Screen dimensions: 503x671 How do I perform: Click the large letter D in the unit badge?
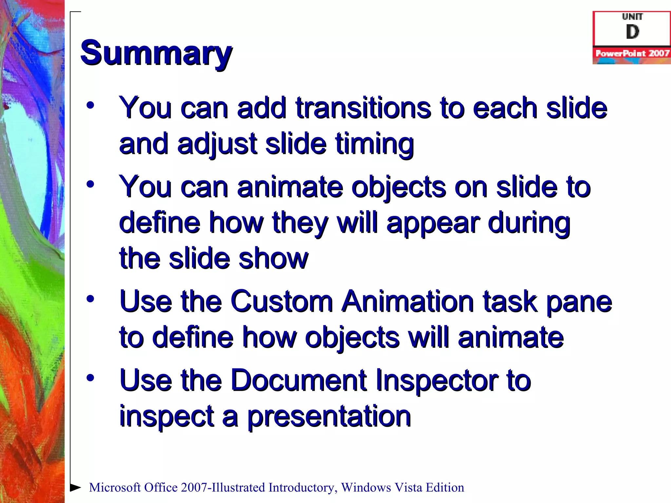tap(632, 32)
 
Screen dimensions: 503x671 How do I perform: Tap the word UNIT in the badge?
tap(632, 16)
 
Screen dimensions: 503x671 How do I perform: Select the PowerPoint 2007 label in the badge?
tap(632, 53)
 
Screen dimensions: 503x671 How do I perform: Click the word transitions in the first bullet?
tap(363, 108)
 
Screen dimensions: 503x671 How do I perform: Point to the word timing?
tap(374, 144)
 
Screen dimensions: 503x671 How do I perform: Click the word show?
tap(274, 259)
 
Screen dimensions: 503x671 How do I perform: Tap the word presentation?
tap(329, 417)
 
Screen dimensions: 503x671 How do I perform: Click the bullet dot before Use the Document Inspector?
tap(90, 378)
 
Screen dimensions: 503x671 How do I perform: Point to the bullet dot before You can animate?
tap(90, 184)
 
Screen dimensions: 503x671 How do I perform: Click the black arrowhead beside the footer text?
tap(75, 487)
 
